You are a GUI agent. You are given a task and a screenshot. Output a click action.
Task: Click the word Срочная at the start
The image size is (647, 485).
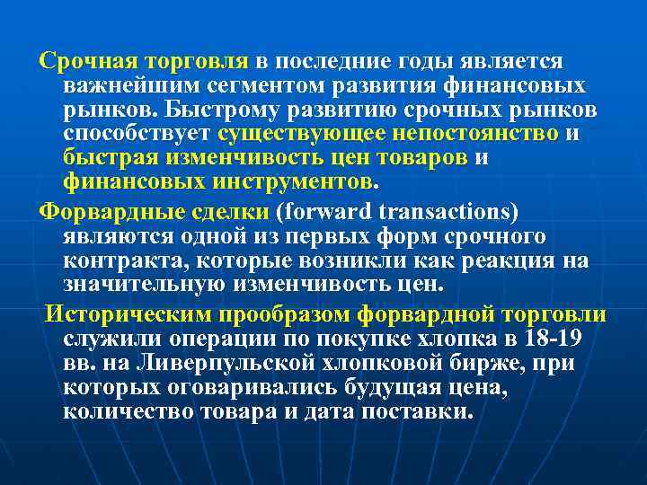coord(87,61)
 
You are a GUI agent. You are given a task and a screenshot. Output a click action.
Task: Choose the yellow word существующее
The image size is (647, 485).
coord(302,134)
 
